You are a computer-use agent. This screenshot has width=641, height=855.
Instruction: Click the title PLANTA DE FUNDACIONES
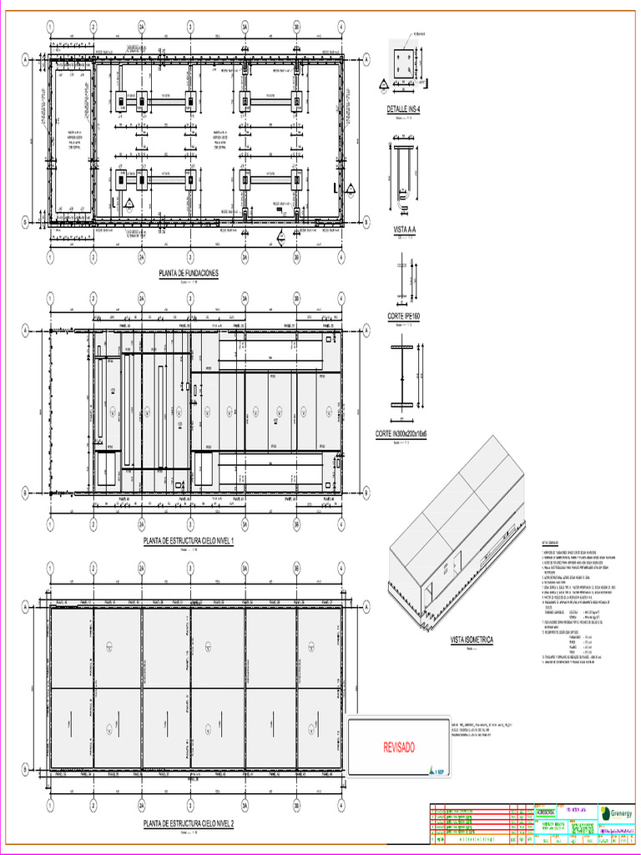point(188,273)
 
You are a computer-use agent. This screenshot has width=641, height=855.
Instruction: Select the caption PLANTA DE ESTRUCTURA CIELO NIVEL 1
point(189,541)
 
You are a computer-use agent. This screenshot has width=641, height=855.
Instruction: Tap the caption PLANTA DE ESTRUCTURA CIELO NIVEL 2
point(189,824)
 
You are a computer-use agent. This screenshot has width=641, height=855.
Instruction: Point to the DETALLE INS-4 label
point(403,109)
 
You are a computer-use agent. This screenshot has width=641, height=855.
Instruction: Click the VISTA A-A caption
point(404,229)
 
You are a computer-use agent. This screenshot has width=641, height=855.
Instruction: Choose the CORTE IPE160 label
point(404,316)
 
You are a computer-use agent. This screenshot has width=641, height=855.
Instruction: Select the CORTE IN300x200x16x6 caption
point(401,434)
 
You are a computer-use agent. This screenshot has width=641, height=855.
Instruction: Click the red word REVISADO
point(398,747)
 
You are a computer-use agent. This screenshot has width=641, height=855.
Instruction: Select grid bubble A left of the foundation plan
point(26,60)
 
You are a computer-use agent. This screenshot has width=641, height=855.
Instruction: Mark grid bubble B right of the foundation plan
point(366,221)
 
